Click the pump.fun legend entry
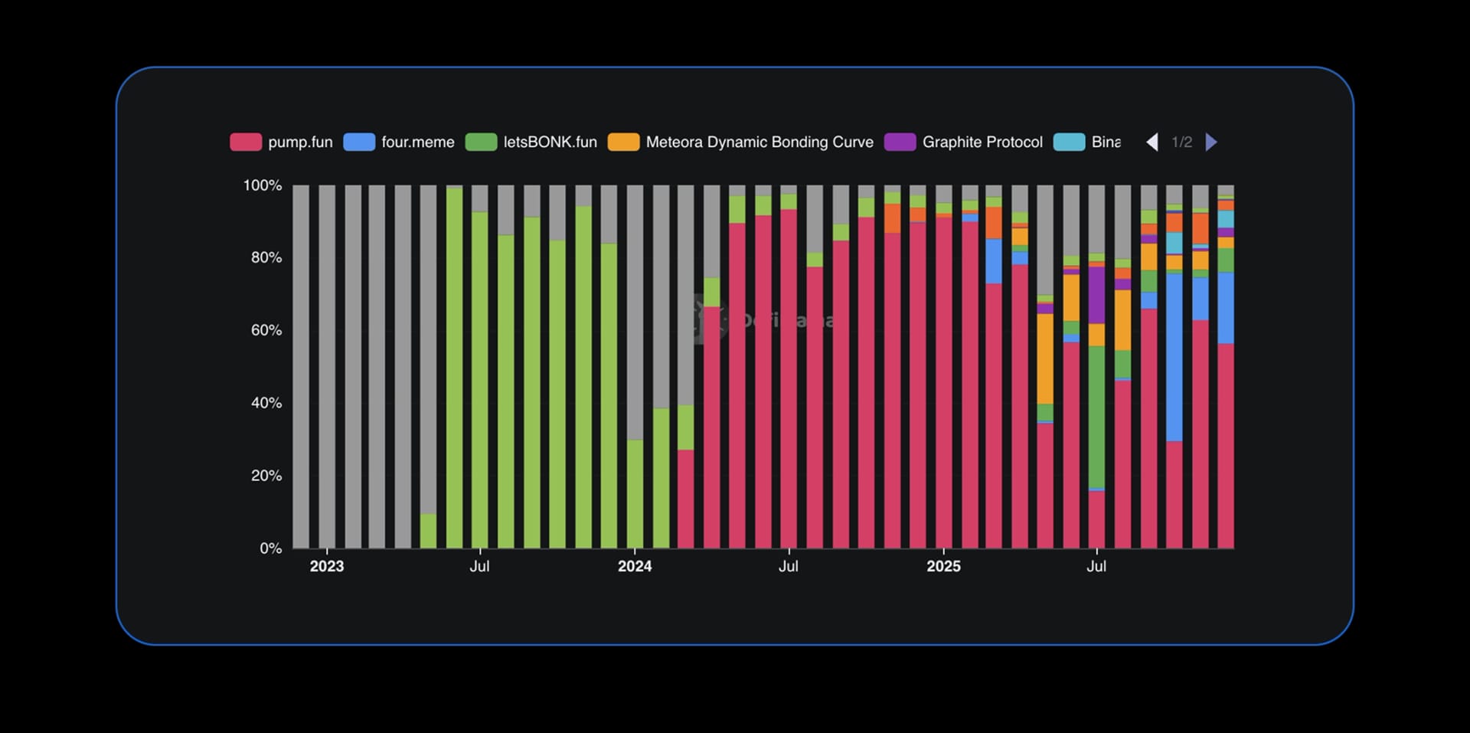pos(282,142)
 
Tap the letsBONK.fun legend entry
pos(531,142)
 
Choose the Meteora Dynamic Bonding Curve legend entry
pos(740,142)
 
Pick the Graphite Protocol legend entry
pos(963,142)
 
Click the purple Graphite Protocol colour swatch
pos(900,142)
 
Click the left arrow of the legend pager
pos(1151,142)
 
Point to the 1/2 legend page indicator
pos(1181,142)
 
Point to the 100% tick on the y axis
pos(262,185)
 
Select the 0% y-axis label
pos(270,548)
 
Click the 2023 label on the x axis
pos(326,566)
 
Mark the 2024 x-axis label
pos(634,566)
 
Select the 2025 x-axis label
pos(943,566)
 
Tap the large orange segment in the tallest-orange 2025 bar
pos(1045,358)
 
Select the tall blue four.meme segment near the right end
pos(1174,357)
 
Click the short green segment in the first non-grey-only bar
pos(428,531)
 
